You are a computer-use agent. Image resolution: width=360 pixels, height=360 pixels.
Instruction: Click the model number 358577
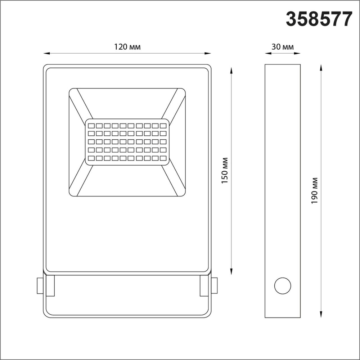(319, 19)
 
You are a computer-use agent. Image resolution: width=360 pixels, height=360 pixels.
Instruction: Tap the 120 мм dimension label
(127, 47)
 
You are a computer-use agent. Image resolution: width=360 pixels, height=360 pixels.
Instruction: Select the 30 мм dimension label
(283, 47)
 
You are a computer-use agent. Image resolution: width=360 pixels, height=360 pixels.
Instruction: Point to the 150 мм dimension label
(225, 171)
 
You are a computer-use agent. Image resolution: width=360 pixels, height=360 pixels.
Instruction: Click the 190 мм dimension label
(314, 191)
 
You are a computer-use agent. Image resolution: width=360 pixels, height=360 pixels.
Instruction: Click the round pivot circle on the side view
(283, 286)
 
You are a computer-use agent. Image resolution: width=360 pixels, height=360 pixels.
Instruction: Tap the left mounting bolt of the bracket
(40, 285)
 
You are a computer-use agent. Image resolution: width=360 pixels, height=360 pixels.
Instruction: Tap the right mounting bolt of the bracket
(214, 285)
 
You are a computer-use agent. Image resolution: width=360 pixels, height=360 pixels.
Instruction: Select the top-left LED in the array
(91, 126)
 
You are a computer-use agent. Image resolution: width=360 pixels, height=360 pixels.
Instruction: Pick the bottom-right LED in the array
(163, 158)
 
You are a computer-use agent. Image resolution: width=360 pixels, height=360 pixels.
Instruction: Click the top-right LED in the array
(163, 126)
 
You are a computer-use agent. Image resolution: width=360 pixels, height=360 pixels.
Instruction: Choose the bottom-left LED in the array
(91, 158)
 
